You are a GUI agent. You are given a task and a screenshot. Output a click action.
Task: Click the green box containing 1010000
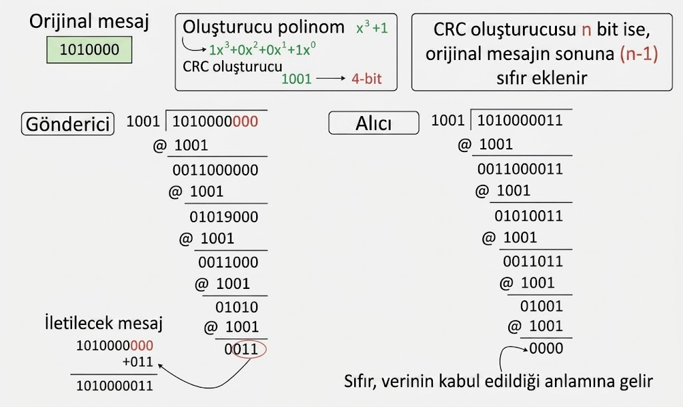click(x=89, y=49)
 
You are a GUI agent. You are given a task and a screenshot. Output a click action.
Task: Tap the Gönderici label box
click(x=67, y=124)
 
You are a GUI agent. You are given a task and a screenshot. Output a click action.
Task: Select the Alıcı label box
click(x=374, y=123)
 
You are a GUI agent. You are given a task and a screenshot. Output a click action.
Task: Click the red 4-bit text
click(x=366, y=79)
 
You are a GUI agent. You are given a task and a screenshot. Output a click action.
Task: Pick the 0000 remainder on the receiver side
click(x=546, y=348)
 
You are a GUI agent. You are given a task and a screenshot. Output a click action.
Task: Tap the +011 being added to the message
click(x=137, y=362)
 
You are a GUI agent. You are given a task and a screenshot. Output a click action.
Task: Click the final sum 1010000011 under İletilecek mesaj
click(x=115, y=386)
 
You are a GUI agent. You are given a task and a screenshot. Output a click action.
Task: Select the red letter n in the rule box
click(x=586, y=29)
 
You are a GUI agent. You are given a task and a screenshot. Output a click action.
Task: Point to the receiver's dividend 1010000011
click(x=520, y=120)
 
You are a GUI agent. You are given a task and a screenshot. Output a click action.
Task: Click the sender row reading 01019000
click(x=224, y=217)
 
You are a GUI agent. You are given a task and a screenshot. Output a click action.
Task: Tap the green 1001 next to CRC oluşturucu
click(x=297, y=79)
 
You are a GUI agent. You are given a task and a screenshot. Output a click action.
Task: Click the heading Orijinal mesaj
click(x=89, y=21)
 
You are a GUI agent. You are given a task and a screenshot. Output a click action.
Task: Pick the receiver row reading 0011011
click(x=533, y=262)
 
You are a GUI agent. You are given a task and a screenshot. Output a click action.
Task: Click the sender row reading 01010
click(x=237, y=307)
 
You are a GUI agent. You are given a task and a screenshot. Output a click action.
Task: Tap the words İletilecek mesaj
click(x=103, y=323)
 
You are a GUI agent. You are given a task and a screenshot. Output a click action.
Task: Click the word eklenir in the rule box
click(x=542, y=78)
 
